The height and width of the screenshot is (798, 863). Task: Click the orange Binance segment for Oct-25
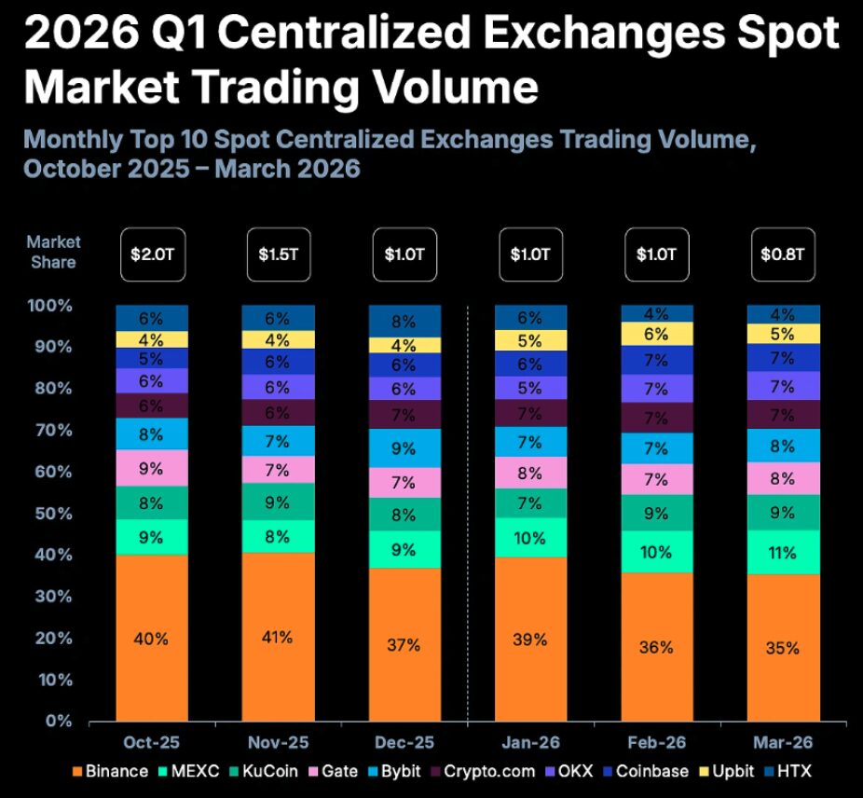(x=151, y=639)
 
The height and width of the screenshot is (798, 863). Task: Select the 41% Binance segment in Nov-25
(x=277, y=639)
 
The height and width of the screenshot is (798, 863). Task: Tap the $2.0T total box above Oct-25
(x=151, y=253)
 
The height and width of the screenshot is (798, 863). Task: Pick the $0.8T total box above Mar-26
(x=782, y=253)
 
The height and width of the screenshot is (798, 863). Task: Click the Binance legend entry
(x=109, y=771)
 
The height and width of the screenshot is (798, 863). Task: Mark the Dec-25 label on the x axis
(x=404, y=743)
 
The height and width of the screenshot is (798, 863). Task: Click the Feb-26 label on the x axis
(x=656, y=743)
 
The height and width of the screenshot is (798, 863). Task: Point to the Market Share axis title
(x=53, y=252)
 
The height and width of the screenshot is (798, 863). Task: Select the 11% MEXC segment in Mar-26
(x=782, y=553)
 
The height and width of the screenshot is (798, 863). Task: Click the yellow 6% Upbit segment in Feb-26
(x=656, y=334)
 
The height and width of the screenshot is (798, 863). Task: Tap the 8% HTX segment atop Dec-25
(x=404, y=321)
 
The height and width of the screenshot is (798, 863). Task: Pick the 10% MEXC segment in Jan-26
(x=530, y=537)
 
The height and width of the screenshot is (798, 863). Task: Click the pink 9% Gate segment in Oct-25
(x=151, y=468)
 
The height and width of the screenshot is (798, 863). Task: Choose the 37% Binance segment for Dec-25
(x=404, y=645)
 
